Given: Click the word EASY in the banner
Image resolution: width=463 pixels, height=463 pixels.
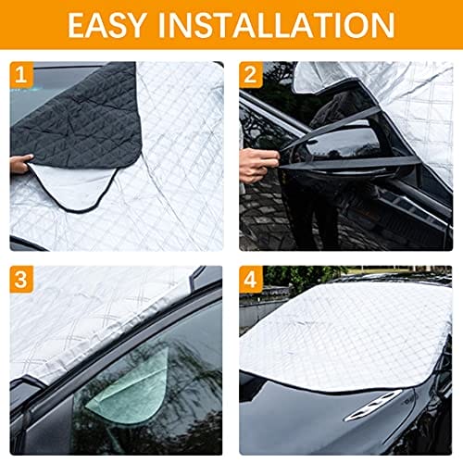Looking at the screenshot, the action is pos(106,25).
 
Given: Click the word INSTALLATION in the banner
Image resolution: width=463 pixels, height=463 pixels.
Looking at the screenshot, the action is pos(277,25).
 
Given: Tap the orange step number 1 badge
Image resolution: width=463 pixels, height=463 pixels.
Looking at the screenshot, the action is pos(21,74).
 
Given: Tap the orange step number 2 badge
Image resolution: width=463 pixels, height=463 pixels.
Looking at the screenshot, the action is pos(251,74).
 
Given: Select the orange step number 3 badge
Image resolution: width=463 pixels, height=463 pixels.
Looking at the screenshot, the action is pos(21,279).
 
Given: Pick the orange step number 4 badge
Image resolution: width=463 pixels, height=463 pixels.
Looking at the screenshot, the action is pos(251,280).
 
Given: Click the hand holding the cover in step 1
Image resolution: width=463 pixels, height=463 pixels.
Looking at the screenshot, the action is pos(21,164).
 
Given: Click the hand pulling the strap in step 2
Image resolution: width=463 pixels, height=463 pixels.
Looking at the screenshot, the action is pos(258,166).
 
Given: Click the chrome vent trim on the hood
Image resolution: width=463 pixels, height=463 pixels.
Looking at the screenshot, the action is pos(372,405).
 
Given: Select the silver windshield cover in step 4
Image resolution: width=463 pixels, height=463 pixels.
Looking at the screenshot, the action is pos(344,335).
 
